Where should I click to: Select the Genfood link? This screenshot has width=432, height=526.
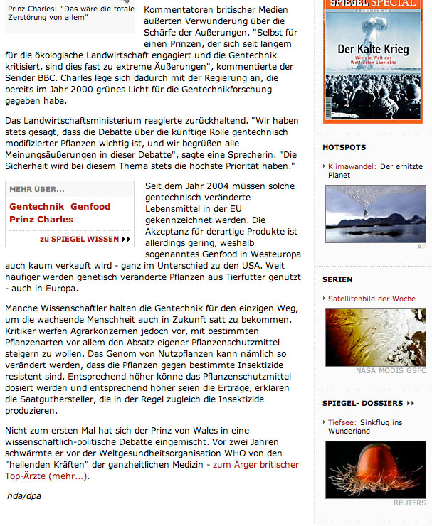90,207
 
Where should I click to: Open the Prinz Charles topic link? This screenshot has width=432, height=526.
41,220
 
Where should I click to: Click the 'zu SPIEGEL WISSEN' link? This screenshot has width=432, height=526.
85,239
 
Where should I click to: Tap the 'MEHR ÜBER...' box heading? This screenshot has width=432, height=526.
37,190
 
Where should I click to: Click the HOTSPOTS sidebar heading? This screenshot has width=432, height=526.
344,147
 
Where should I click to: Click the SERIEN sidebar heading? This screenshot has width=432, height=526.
337,279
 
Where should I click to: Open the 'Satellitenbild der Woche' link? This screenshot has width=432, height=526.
372,299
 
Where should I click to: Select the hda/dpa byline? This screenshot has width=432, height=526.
23,495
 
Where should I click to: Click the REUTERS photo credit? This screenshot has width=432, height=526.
410,503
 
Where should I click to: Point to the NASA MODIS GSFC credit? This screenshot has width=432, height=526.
391,371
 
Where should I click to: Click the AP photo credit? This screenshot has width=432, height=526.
421,247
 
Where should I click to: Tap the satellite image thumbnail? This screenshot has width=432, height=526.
375,337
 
